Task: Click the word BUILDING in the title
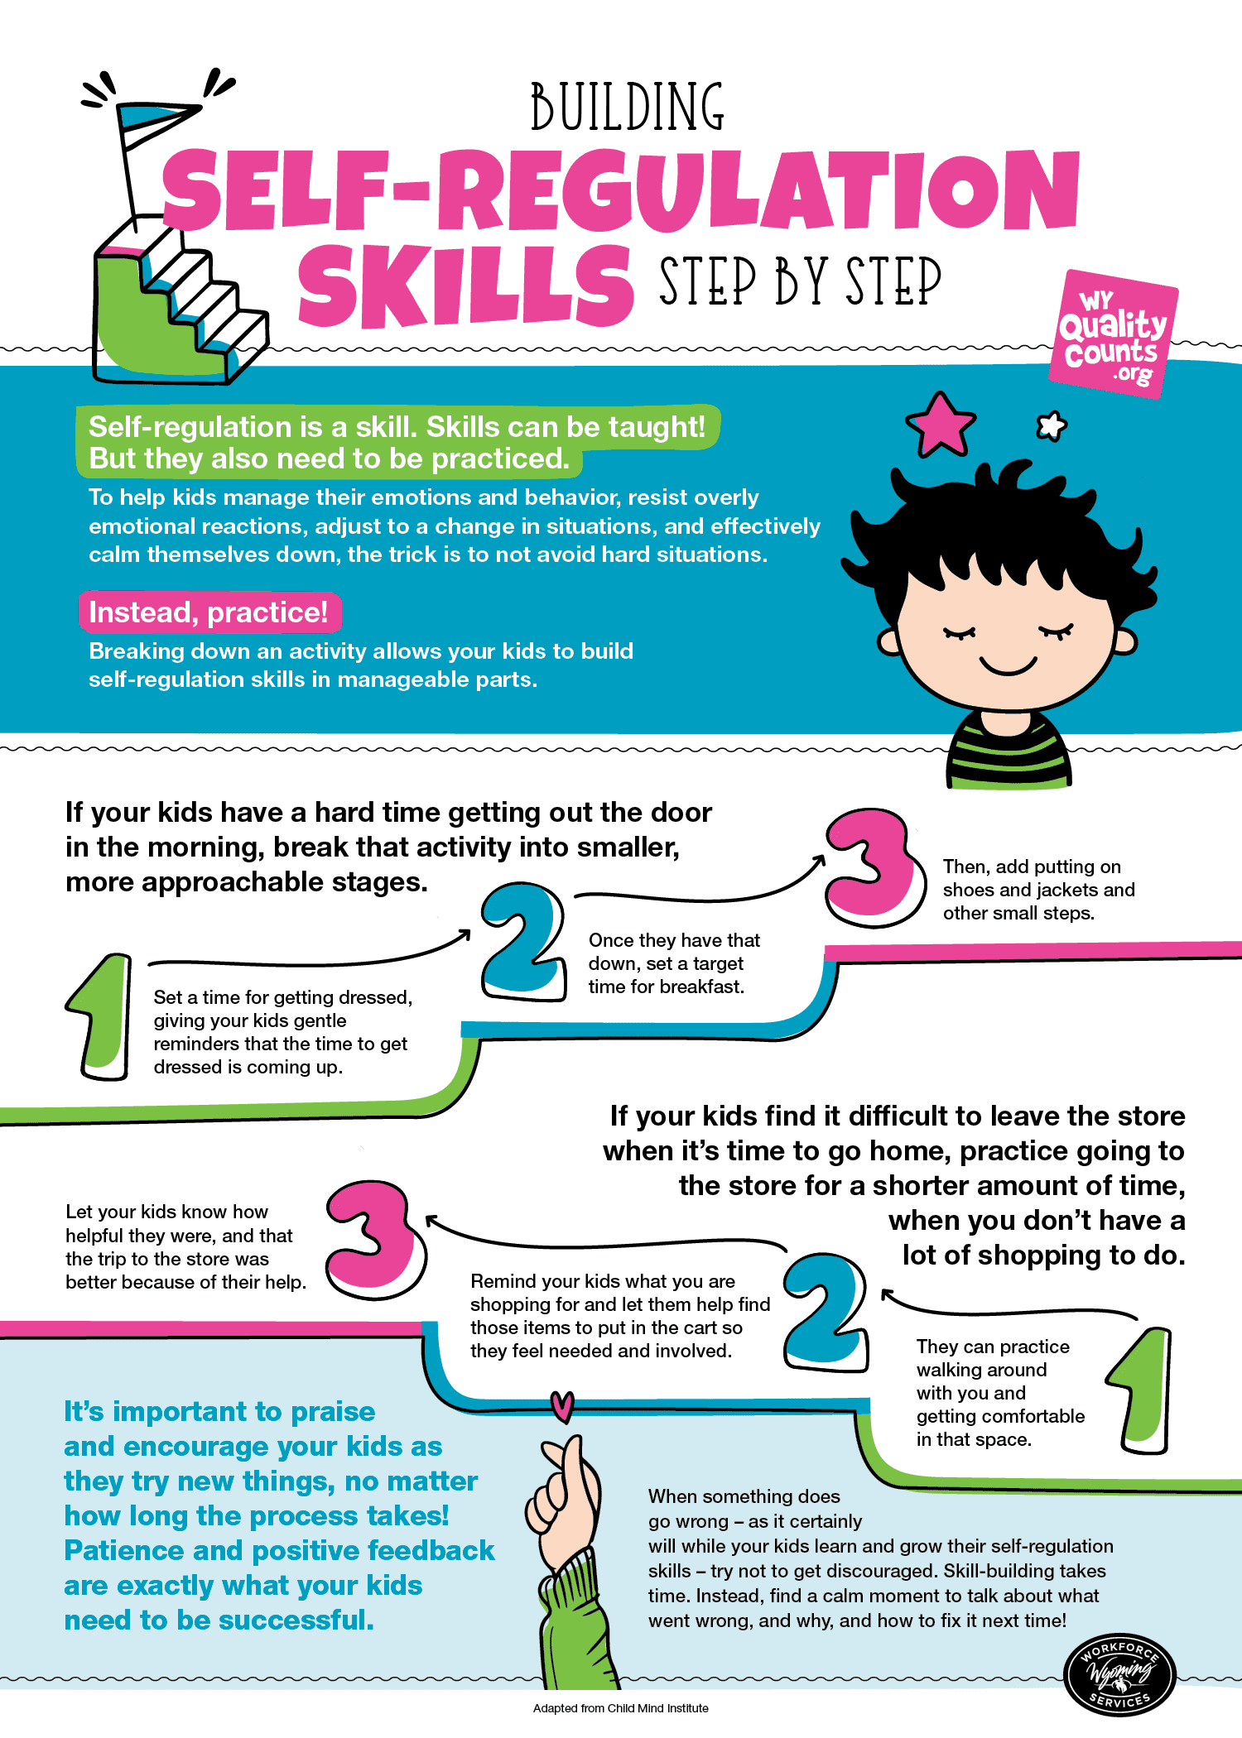[628, 107]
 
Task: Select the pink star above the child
[941, 425]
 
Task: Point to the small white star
[1052, 425]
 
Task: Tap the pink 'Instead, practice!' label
[209, 612]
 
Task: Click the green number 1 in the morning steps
[100, 1016]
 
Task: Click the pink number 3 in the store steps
[375, 1240]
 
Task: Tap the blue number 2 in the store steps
[826, 1313]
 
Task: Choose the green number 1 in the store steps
[1142, 1390]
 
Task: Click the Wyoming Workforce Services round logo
[1119, 1676]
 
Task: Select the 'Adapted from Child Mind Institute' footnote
[621, 1708]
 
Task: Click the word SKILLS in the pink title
[466, 286]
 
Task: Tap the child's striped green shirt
[1009, 749]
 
